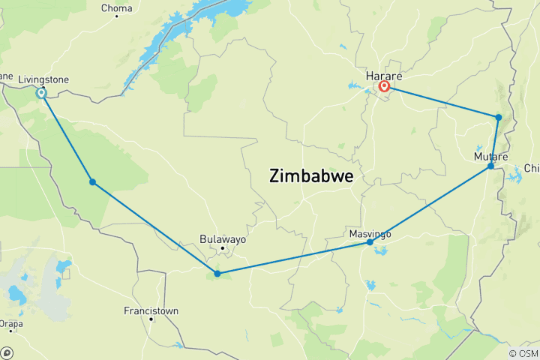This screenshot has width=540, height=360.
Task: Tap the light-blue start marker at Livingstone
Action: (x=42, y=93)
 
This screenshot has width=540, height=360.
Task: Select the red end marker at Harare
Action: (x=385, y=87)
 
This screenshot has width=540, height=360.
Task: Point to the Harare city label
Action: (x=384, y=76)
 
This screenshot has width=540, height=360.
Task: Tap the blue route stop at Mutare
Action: (x=491, y=166)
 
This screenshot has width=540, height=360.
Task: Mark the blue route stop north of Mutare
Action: (x=498, y=117)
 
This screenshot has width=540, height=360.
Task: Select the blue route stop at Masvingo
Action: (x=370, y=242)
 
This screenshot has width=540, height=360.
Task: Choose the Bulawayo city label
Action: (x=223, y=238)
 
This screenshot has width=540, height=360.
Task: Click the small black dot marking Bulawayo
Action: (x=223, y=248)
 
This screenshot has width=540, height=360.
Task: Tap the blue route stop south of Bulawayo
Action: (x=217, y=274)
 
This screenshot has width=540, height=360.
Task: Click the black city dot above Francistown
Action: (x=151, y=319)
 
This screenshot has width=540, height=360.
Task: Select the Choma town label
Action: (x=117, y=9)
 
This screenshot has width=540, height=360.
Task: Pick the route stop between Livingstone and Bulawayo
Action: (x=92, y=182)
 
